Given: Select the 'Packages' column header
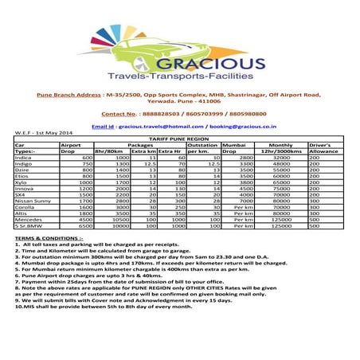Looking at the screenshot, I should pos(139,145).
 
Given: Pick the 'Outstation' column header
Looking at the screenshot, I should pos(204,145).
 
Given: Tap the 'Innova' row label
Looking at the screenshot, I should pos(25,189).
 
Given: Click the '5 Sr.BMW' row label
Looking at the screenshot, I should pos(28,227).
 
